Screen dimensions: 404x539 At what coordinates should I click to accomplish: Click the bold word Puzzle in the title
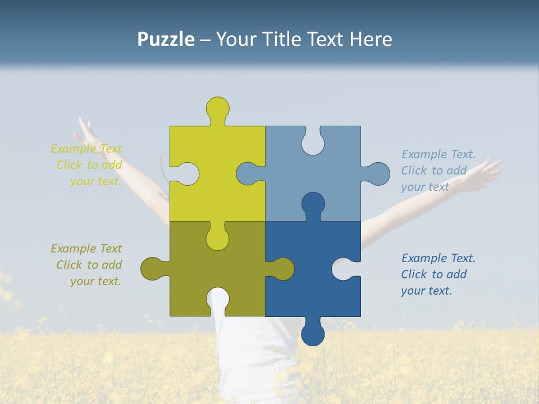[x=166, y=39]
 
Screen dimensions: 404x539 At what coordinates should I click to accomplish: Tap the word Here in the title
[x=371, y=39]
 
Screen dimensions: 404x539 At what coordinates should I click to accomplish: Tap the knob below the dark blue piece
[x=313, y=334]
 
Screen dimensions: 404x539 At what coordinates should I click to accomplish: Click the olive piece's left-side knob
[x=152, y=269]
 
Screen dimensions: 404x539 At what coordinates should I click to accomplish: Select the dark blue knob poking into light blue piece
[x=313, y=204]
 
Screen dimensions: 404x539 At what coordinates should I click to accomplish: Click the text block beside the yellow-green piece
[x=86, y=165]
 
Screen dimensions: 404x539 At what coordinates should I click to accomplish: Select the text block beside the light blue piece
[x=438, y=171]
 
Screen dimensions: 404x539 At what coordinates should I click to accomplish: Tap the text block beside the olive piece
[x=86, y=265]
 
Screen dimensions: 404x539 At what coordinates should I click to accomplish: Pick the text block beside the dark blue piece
[x=438, y=274]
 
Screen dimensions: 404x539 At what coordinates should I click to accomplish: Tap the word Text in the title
[x=324, y=39]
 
